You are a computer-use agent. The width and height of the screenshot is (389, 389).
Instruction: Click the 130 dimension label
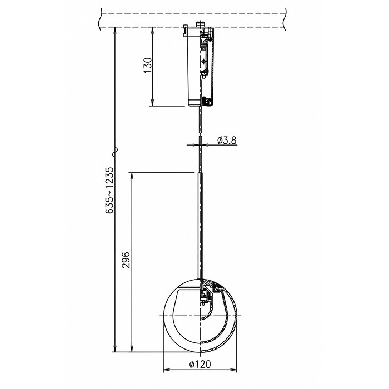click(x=148, y=65)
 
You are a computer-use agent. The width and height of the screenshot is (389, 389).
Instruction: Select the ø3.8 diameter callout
click(x=227, y=141)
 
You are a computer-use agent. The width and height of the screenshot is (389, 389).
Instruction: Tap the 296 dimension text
click(x=126, y=260)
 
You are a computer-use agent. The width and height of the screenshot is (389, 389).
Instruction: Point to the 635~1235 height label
click(x=109, y=190)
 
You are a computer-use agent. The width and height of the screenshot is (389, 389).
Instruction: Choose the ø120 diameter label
click(x=200, y=364)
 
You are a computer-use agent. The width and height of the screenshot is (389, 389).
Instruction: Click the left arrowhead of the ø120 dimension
click(x=166, y=370)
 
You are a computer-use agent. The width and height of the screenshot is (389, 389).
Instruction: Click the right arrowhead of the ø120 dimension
click(x=234, y=370)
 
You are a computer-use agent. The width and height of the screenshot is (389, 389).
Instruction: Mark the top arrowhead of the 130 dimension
click(x=153, y=30)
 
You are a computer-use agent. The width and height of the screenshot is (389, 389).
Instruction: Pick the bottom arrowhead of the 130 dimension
click(x=153, y=103)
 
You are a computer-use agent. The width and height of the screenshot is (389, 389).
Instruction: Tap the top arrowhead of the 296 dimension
click(x=132, y=176)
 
